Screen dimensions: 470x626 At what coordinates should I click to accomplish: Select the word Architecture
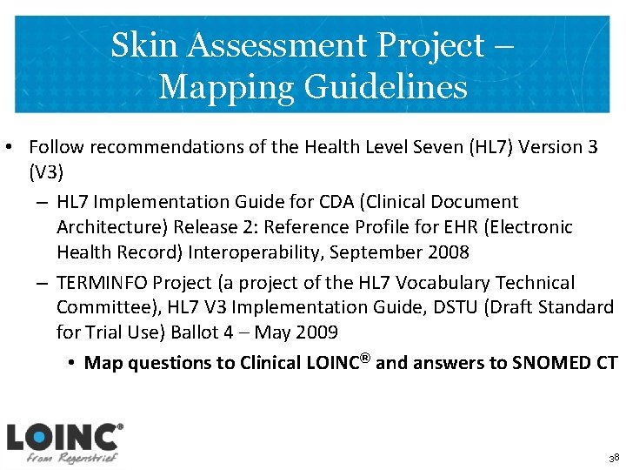coord(106,227)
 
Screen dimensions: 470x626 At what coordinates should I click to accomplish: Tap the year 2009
coord(316,332)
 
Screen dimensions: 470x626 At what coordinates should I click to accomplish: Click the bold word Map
coord(101,363)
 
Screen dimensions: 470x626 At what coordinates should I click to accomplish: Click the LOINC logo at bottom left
coord(63,443)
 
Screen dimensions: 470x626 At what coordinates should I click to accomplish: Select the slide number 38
coord(614,458)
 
